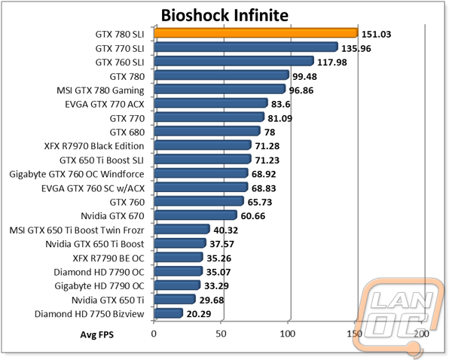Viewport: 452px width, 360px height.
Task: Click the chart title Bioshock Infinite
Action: coord(224,15)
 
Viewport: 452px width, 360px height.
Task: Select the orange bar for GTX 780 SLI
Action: coord(256,33)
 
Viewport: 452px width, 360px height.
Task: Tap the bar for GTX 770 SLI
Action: coord(246,47)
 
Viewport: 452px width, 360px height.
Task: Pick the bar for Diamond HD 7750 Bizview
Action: coord(168,313)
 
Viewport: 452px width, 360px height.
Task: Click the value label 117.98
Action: coord(332,63)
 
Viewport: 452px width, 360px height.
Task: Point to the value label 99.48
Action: coord(304,76)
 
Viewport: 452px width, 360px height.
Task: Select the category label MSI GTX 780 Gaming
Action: coord(100,90)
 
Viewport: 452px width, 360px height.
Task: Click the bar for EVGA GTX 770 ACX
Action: coord(211,103)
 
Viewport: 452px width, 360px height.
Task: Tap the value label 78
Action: coord(270,133)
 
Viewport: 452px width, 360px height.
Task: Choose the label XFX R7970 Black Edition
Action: coord(94,146)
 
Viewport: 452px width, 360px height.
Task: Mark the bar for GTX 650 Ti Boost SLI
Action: coord(203,159)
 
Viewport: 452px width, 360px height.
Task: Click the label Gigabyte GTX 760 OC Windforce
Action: coord(77,175)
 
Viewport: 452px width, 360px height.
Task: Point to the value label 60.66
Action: coord(253,216)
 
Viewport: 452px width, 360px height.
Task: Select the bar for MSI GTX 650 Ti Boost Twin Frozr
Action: coord(182,229)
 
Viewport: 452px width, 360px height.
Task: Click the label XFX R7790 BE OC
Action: coord(108,258)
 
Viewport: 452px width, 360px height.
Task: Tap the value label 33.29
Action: coord(216,286)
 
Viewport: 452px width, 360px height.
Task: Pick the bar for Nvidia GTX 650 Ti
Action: coord(175,299)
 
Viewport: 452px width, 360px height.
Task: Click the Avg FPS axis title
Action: coord(97,334)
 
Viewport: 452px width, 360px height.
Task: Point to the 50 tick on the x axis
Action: coord(221,334)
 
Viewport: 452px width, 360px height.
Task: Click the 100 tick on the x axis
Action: coord(288,334)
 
